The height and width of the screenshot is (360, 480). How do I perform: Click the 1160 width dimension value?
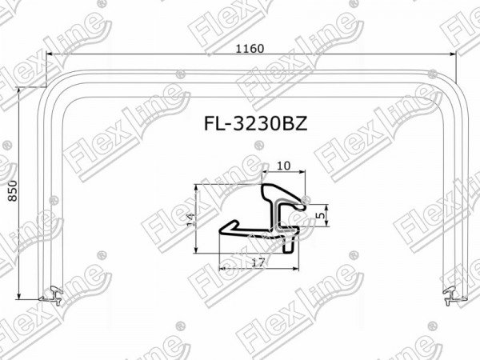[x=250, y=48]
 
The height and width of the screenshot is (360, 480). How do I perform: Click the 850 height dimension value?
[x=12, y=190]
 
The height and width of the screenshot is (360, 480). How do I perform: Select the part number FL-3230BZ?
[x=256, y=124]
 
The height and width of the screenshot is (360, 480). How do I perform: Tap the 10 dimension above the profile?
[x=283, y=166]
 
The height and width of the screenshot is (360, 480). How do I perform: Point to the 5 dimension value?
[x=321, y=215]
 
